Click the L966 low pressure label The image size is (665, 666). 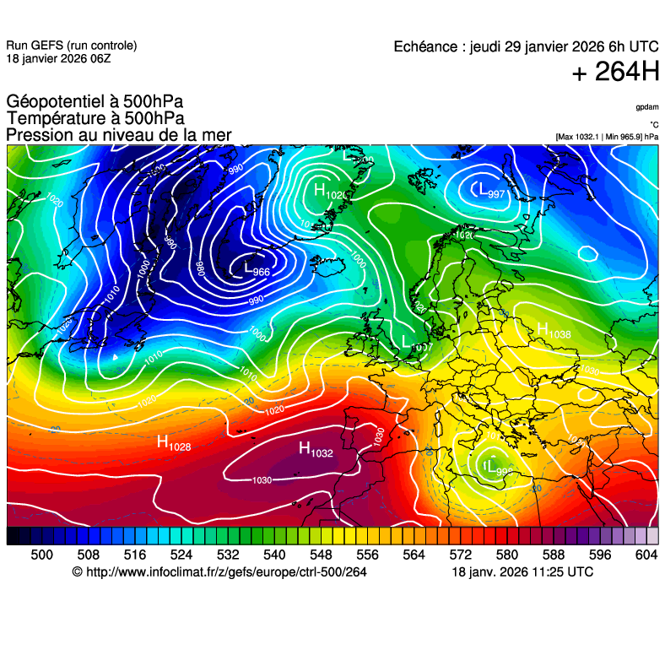[x=257, y=270]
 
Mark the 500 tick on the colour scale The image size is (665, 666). [x=41, y=554]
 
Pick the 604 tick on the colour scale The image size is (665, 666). [x=646, y=554]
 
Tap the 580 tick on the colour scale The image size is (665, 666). [x=506, y=554]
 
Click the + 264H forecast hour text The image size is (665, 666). [x=615, y=73]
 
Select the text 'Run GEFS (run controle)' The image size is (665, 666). [x=71, y=46]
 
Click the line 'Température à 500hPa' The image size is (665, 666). [x=95, y=119]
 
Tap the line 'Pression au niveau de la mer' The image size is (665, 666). [x=118, y=135]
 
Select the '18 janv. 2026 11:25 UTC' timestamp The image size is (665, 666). [x=522, y=572]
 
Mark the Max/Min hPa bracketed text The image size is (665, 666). [x=607, y=137]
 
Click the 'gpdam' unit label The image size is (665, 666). [x=647, y=107]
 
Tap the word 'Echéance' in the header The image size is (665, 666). [x=426, y=47]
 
